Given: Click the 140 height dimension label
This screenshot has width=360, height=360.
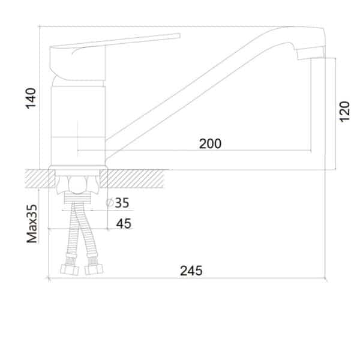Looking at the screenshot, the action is [31, 98].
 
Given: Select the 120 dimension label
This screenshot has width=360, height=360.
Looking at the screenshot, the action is [344, 112].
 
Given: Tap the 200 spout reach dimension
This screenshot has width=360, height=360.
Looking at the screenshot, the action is [210, 144].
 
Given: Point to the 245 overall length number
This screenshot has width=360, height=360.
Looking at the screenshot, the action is [191, 271].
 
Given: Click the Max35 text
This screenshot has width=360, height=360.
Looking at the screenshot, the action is [32, 224].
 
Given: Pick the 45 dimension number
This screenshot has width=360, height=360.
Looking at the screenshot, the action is [124, 223].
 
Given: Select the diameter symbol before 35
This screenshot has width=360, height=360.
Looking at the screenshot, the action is [110, 203].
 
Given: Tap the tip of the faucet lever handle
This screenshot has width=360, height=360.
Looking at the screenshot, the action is [179, 35].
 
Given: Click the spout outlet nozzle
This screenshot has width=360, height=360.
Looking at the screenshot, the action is [310, 53].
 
